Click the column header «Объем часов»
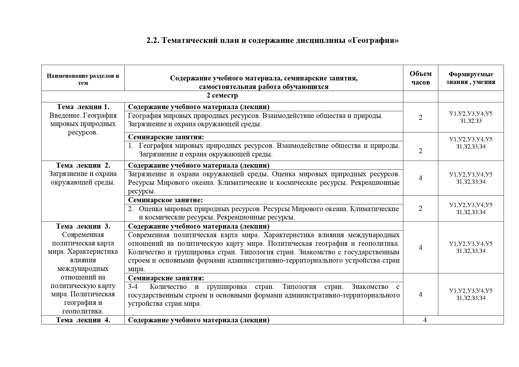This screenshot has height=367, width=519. [x=421, y=78]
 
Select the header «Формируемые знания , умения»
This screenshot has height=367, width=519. [x=471, y=78]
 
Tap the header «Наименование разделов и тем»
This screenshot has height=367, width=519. [x=83, y=79]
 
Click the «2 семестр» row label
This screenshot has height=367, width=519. [x=222, y=96]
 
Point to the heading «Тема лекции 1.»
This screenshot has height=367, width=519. [x=83, y=107]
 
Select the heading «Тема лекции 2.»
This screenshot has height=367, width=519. [x=83, y=165]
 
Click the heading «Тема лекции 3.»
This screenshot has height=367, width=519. [x=83, y=226]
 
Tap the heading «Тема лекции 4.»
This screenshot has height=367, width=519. [x=83, y=320]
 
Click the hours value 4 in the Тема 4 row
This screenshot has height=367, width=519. [x=425, y=320]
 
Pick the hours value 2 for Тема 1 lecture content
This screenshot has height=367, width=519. [x=421, y=117]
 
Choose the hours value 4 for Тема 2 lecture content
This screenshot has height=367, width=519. [x=421, y=178]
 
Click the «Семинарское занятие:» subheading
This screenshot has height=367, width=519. [x=165, y=200]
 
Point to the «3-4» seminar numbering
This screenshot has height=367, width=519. [x=133, y=287]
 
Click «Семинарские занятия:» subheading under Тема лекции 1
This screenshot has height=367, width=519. [x=166, y=137]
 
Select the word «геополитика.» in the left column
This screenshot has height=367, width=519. [x=83, y=311]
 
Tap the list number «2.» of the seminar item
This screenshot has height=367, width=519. [x=131, y=209]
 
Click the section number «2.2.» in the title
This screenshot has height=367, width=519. [x=153, y=40]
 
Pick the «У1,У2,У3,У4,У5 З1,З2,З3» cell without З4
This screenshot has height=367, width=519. [x=471, y=117]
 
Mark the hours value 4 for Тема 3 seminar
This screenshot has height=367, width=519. [x=421, y=294]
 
